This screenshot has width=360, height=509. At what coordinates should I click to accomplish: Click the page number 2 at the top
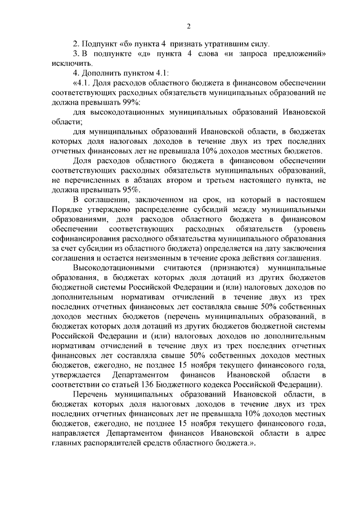coord(190,26)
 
